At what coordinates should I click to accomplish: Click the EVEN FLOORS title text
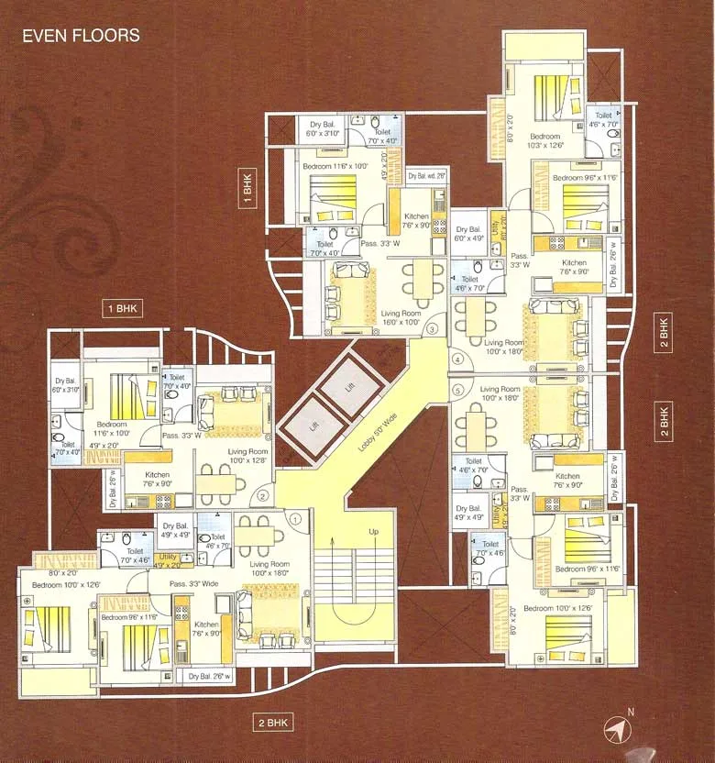point(81,36)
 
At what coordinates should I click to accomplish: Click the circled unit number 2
point(262,497)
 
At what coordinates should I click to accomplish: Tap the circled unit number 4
point(458,359)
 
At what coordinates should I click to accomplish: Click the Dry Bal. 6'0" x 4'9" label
point(467,234)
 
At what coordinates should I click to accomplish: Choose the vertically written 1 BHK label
point(247,189)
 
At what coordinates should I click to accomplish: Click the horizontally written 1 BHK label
point(121,309)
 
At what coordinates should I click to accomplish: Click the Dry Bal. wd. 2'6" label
point(426,175)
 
